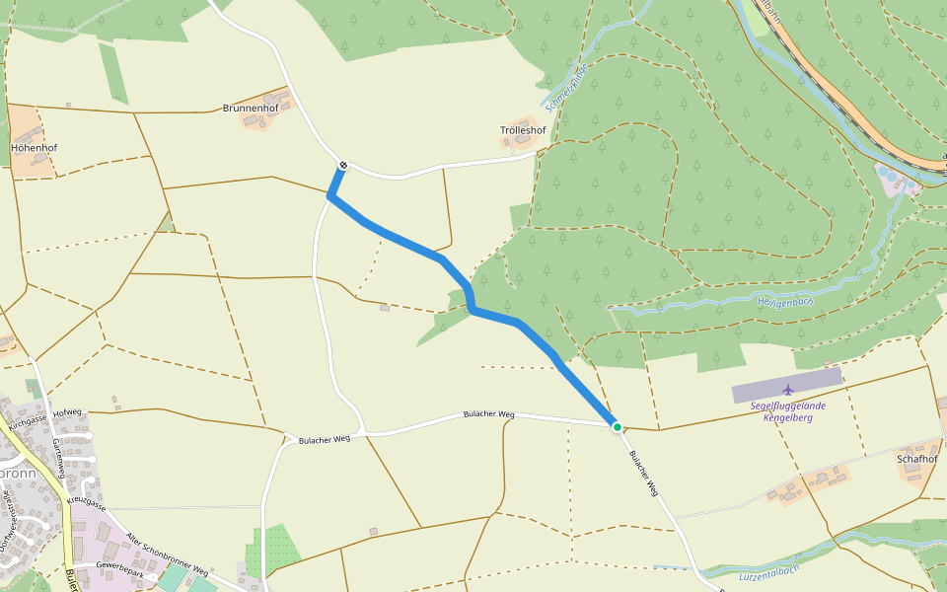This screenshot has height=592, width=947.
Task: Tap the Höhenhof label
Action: point(35,148)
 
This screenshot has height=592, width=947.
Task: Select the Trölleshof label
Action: point(523,130)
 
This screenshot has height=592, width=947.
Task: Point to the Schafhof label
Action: point(916,459)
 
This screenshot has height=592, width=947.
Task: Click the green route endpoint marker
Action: point(618,427)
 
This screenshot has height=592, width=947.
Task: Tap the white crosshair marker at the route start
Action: point(342,165)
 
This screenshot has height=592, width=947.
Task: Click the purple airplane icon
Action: point(786,391)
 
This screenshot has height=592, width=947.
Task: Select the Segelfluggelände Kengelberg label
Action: point(788,411)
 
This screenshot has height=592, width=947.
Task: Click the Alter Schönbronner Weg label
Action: point(168,555)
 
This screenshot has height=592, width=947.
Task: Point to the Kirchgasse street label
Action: point(29,422)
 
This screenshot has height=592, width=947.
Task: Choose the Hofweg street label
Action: point(67,412)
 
